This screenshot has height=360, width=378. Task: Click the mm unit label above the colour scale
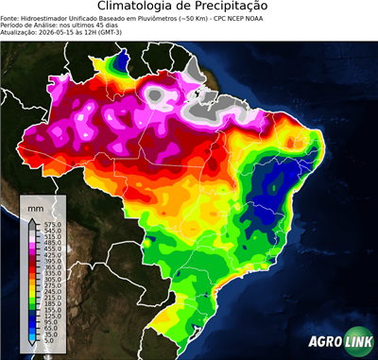[36, 206]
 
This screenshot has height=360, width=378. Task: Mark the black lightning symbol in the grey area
[197, 94]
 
